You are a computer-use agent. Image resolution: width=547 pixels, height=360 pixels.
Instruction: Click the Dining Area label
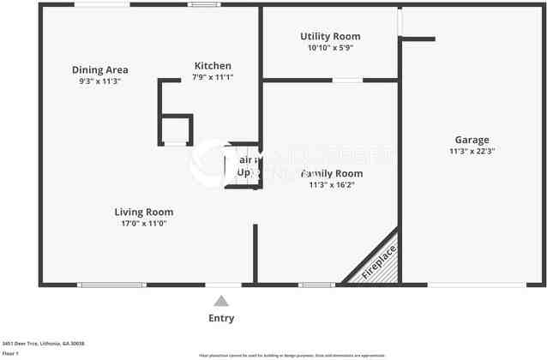pyautogui.click(x=100, y=69)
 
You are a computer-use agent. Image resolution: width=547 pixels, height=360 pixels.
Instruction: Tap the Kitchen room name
pyautogui.click(x=213, y=66)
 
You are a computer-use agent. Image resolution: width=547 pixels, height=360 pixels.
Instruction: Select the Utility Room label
pyautogui.click(x=330, y=37)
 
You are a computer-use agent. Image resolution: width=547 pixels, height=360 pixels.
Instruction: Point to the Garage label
pyautogui.click(x=472, y=140)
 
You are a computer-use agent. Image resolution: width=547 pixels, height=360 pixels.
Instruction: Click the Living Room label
pyautogui.click(x=144, y=212)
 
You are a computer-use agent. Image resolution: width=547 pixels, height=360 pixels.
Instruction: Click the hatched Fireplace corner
pyautogui.click(x=378, y=261)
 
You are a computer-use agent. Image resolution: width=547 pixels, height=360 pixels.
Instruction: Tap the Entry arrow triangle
pyautogui.click(x=221, y=301)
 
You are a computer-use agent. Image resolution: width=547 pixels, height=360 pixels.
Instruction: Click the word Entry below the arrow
pyautogui.click(x=221, y=318)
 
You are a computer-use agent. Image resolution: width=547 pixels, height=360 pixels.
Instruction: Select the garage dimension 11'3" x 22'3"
pyautogui.click(x=472, y=151)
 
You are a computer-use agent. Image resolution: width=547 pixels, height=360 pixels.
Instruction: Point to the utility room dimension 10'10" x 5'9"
pyautogui.click(x=330, y=48)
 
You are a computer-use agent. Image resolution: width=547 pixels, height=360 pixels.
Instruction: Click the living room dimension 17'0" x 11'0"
pyautogui.click(x=144, y=223)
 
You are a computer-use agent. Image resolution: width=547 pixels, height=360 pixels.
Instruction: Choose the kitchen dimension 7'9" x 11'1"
pyautogui.click(x=213, y=77)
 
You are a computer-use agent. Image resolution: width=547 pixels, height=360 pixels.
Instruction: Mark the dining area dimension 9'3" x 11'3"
pyautogui.click(x=100, y=81)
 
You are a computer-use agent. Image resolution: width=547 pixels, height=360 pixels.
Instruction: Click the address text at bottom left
pyautogui.click(x=43, y=343)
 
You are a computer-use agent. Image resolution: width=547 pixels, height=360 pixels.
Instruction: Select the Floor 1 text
pyautogui.click(x=11, y=352)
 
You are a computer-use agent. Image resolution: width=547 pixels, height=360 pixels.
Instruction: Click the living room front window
pyautogui.click(x=111, y=285)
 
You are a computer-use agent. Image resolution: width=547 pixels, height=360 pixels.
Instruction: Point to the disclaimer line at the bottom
pyautogui.click(x=292, y=355)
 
